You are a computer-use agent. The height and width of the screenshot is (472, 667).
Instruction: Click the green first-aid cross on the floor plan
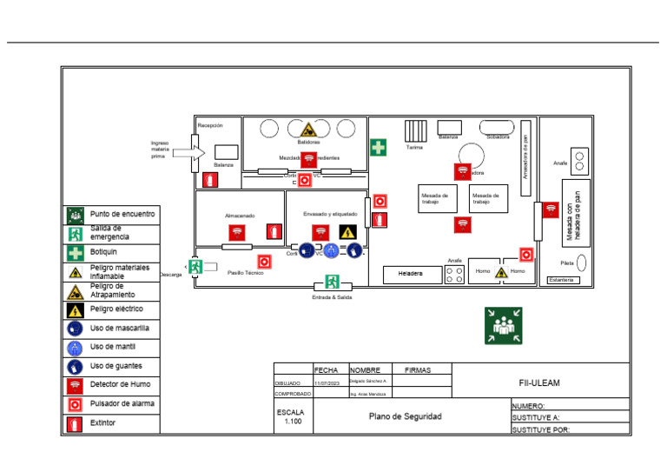[x=379, y=148]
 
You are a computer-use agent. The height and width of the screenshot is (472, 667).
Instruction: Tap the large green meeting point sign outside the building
[x=503, y=325]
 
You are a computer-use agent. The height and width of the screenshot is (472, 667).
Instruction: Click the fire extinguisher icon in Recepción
[x=210, y=180]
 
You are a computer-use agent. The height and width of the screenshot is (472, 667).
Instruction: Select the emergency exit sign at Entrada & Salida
[x=332, y=282]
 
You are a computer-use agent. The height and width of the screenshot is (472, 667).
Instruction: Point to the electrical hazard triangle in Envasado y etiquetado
[x=347, y=232]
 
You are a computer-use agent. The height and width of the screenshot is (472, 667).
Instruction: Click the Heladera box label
[x=410, y=275]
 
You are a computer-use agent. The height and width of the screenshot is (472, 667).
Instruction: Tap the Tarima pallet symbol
[x=415, y=130]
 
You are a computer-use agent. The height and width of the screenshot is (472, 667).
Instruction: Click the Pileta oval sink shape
[x=582, y=263]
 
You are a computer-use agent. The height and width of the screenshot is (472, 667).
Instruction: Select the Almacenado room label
[x=240, y=215]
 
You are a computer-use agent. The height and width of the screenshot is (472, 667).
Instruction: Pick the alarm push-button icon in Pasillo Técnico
[x=263, y=261]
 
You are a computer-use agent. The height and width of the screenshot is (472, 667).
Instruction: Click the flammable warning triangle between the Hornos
[x=501, y=273]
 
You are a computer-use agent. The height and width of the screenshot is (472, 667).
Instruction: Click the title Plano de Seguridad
[x=405, y=416]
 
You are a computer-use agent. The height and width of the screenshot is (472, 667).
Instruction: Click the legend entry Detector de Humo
[x=120, y=384]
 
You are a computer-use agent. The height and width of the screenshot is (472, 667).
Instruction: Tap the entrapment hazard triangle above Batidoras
[x=307, y=130]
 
